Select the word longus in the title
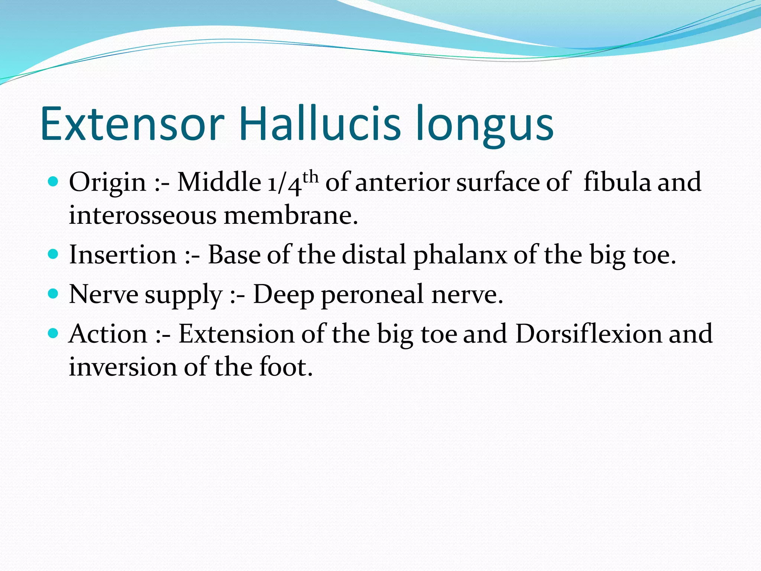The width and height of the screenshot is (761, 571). pyautogui.click(x=485, y=126)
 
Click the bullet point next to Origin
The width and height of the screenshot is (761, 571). pyautogui.click(x=54, y=182)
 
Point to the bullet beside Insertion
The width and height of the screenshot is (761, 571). pyautogui.click(x=54, y=255)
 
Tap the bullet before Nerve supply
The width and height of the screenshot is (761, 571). pyautogui.click(x=54, y=294)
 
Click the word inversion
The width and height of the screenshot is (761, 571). pyautogui.click(x=123, y=367)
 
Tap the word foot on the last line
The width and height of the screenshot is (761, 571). pyautogui.click(x=286, y=367)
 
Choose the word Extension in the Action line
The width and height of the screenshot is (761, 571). pyautogui.click(x=236, y=333)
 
